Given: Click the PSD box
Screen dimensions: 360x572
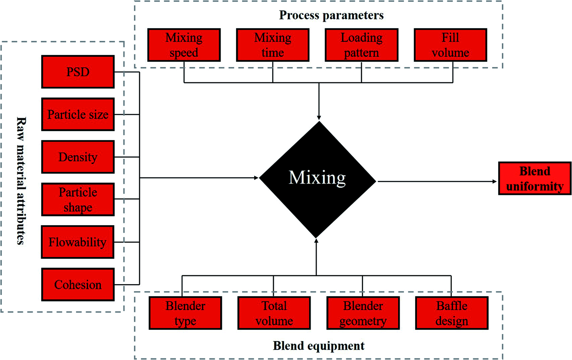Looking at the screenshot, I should click(x=78, y=72).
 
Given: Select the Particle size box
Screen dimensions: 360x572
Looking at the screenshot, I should click(x=78, y=114).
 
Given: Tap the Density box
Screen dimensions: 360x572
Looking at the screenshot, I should click(x=78, y=157).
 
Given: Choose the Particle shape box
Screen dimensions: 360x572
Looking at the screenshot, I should click(x=78, y=199).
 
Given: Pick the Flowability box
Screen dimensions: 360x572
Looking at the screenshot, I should click(x=77, y=242).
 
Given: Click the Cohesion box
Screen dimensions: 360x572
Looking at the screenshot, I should click(x=78, y=285).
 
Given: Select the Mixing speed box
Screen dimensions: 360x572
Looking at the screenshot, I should click(x=184, y=45).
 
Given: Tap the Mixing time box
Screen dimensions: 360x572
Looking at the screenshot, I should click(x=273, y=45).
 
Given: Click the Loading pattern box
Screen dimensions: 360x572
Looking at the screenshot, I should click(x=361, y=45).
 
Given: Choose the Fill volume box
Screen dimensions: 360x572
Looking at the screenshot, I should click(x=450, y=45).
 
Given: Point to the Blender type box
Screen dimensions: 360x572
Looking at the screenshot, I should click(x=185, y=313).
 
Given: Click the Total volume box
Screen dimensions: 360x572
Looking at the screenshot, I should click(x=274, y=313).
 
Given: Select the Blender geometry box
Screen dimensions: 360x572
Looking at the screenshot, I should click(x=363, y=313).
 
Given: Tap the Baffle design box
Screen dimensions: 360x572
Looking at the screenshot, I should click(x=452, y=313).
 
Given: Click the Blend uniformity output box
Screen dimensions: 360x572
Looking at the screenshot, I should click(x=534, y=178).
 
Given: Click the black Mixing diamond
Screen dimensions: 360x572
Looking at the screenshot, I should click(x=317, y=179).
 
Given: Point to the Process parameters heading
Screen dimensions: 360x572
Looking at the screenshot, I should click(x=331, y=15).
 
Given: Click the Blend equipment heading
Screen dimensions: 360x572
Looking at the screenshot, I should click(x=319, y=346).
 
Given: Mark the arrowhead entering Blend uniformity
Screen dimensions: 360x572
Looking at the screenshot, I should click(x=495, y=182).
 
